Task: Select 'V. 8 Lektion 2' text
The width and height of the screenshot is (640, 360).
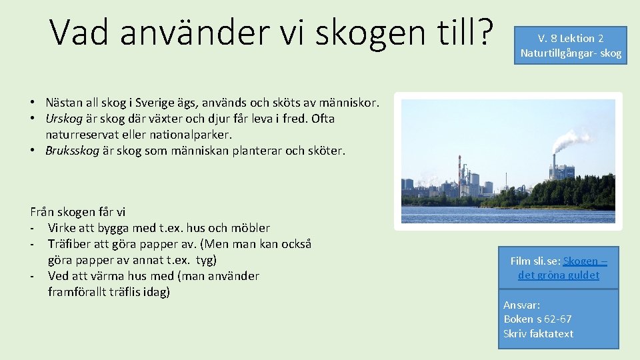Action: (571, 38)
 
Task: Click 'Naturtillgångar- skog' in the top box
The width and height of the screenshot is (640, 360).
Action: (571, 53)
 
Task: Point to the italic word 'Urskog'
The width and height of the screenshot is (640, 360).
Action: (64, 119)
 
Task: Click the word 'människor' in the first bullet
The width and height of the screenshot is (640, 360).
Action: (350, 103)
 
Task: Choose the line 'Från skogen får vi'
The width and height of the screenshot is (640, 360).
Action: (78, 212)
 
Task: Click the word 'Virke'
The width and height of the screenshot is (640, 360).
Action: (62, 228)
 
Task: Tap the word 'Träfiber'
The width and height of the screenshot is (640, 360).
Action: (70, 244)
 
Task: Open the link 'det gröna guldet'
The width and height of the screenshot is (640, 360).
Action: (559, 275)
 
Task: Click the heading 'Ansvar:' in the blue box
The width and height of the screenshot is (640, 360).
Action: (522, 305)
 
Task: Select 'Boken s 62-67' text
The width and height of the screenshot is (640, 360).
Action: (537, 319)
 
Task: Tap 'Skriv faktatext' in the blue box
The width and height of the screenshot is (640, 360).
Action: (538, 333)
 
